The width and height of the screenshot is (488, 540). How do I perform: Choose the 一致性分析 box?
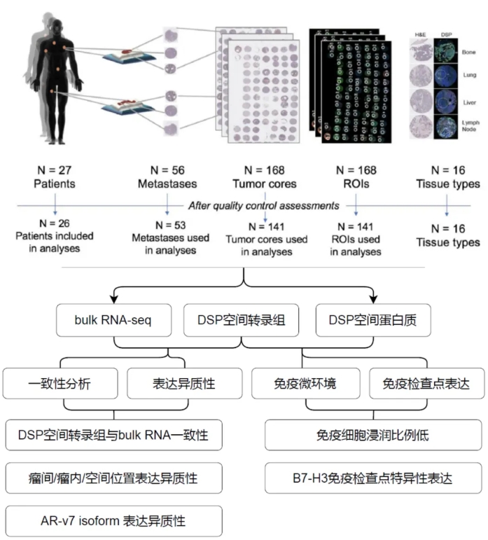(61, 384)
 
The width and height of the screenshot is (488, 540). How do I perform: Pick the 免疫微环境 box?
(303, 384)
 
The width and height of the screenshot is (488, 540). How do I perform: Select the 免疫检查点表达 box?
(426, 384)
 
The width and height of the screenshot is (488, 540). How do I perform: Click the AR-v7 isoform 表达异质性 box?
(113, 520)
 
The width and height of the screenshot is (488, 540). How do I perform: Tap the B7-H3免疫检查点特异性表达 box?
(372, 478)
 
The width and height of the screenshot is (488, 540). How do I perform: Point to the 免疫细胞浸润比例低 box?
(372, 434)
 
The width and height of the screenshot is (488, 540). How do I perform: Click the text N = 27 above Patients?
(54, 170)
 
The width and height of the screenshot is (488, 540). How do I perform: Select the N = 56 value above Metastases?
(167, 170)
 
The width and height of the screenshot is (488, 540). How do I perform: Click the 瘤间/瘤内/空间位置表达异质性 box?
(113, 478)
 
